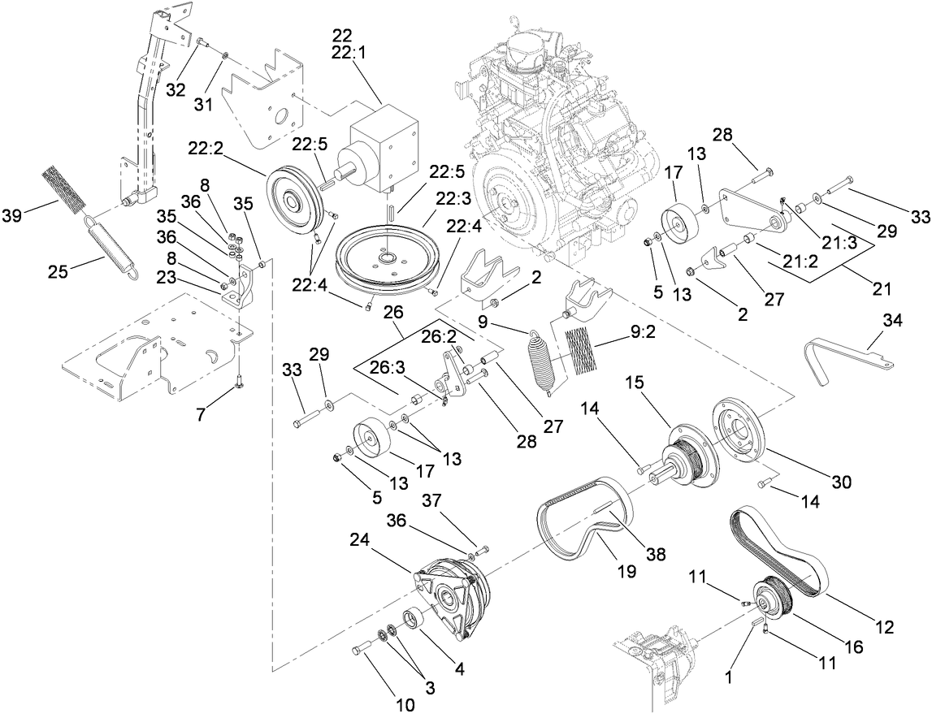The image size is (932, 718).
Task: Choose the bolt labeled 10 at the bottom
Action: point(362,649)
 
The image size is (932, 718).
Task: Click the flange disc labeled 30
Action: point(740,430)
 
